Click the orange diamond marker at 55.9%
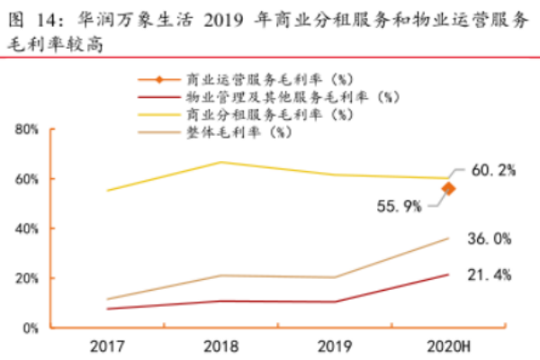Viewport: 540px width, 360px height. pyautogui.click(x=448, y=188)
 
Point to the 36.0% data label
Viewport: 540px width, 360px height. pyautogui.click(x=490, y=238)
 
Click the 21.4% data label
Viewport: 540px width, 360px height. pyautogui.click(x=490, y=274)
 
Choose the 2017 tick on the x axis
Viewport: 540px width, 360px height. pyautogui.click(x=107, y=346)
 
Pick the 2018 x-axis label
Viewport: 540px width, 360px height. pyautogui.click(x=220, y=346)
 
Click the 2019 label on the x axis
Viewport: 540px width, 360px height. pyautogui.click(x=334, y=346)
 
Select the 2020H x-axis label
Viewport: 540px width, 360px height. pyautogui.click(x=447, y=346)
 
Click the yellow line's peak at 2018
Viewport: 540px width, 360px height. pyautogui.click(x=220, y=162)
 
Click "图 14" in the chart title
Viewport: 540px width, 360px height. pyautogui.click(x=32, y=15)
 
